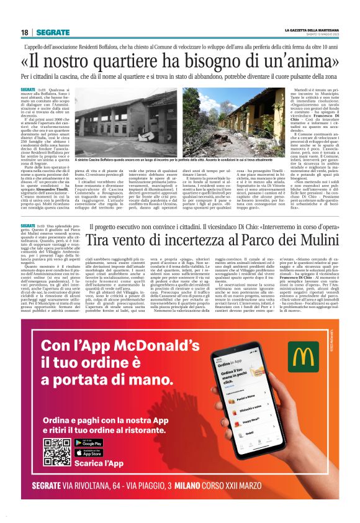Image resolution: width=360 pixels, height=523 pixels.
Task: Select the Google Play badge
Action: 88,443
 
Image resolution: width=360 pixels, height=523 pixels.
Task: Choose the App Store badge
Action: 88,453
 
